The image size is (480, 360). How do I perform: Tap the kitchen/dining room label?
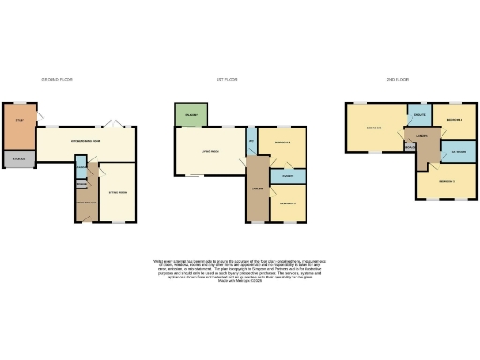86,142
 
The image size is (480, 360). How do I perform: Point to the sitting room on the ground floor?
117,192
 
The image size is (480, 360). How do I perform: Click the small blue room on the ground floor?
82,171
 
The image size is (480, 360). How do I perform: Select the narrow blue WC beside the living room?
251,142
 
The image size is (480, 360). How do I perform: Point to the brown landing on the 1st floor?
256,187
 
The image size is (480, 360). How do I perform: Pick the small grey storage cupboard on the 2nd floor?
410,147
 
